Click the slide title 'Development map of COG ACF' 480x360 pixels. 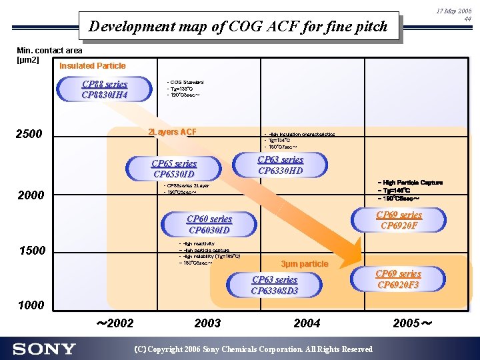[238, 27]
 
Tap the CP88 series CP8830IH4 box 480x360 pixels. [104, 89]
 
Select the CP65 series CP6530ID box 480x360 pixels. [174, 169]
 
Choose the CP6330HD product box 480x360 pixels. [280, 165]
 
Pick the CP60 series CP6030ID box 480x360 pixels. [209, 224]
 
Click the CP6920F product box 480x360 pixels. [399, 220]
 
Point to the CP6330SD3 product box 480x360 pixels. [274, 285]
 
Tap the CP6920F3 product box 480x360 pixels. [398, 279]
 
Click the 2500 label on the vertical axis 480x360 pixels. [29, 135]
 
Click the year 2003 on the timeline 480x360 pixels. [207, 323]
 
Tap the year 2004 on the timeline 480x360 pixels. [307, 323]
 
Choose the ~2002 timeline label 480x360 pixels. [115, 323]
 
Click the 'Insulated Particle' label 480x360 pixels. [92, 65]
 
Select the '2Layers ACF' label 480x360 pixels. [172, 132]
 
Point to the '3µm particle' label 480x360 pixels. [305, 264]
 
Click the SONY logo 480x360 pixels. [44, 349]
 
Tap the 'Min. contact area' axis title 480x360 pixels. [49, 51]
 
